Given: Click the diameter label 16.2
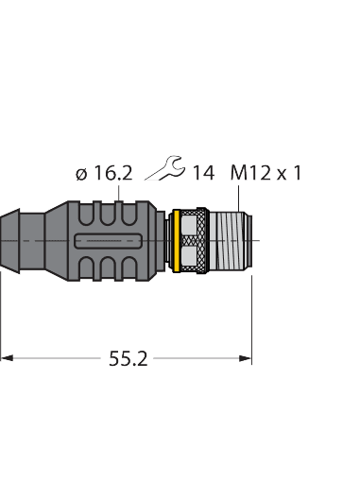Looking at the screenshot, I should coord(112,173).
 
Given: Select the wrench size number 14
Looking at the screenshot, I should coord(203,173).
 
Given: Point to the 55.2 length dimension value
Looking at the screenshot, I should coord(128,359).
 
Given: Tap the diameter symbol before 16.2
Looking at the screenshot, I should coord(81,174).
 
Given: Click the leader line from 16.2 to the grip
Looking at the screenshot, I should coord(118,191).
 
